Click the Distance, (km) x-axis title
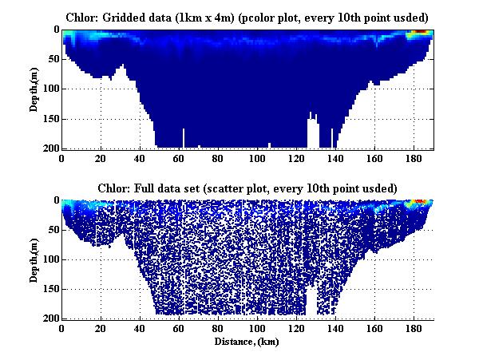[247, 341]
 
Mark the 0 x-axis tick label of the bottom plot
[61, 329]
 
